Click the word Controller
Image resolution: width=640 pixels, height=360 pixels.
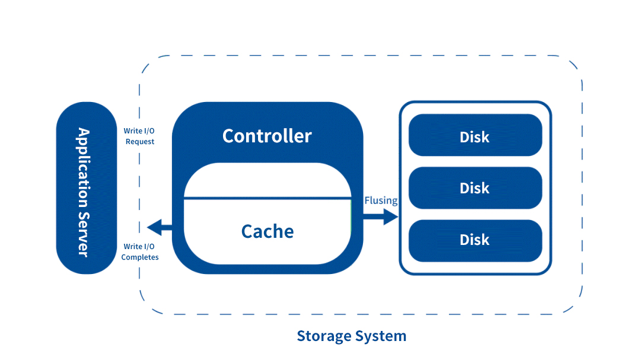pos(267,136)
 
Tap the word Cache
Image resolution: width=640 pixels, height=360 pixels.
pos(267,231)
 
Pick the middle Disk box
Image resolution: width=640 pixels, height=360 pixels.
pos(475,188)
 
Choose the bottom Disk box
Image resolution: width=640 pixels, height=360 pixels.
pos(475,240)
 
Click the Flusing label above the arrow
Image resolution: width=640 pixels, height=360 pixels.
pos(381,200)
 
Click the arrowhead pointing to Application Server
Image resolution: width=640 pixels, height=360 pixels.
pos(154,226)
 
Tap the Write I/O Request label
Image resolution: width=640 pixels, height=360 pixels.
pos(139,136)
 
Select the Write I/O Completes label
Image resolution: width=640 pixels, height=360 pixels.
pos(140,251)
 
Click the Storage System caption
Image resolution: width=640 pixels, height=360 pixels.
pos(351,336)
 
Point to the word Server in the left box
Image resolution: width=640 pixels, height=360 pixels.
pos(83,234)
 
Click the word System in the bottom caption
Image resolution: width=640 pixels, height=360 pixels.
pos(381,336)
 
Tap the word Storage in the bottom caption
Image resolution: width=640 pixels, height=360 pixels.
pos(324,336)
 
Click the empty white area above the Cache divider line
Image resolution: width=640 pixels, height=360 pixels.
pos(267,180)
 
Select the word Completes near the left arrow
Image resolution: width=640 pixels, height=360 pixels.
pos(140,257)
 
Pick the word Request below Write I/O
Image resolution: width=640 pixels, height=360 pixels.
pos(140,142)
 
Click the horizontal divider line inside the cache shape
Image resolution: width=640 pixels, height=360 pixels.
pos(267,199)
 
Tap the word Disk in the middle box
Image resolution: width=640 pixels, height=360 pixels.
pos(475,188)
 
